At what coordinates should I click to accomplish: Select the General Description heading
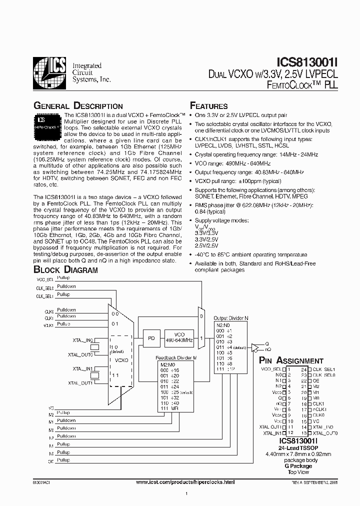tap(77, 106)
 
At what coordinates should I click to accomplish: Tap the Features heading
tap(208, 106)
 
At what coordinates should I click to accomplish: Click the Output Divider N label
tap(231, 318)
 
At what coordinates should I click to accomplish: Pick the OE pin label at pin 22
tap(316, 380)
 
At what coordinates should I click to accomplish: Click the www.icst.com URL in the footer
tap(185, 481)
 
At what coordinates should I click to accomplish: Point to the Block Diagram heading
tap(65, 270)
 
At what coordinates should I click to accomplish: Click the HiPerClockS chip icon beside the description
tap(47, 125)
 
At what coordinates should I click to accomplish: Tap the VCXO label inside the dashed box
tap(121, 359)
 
